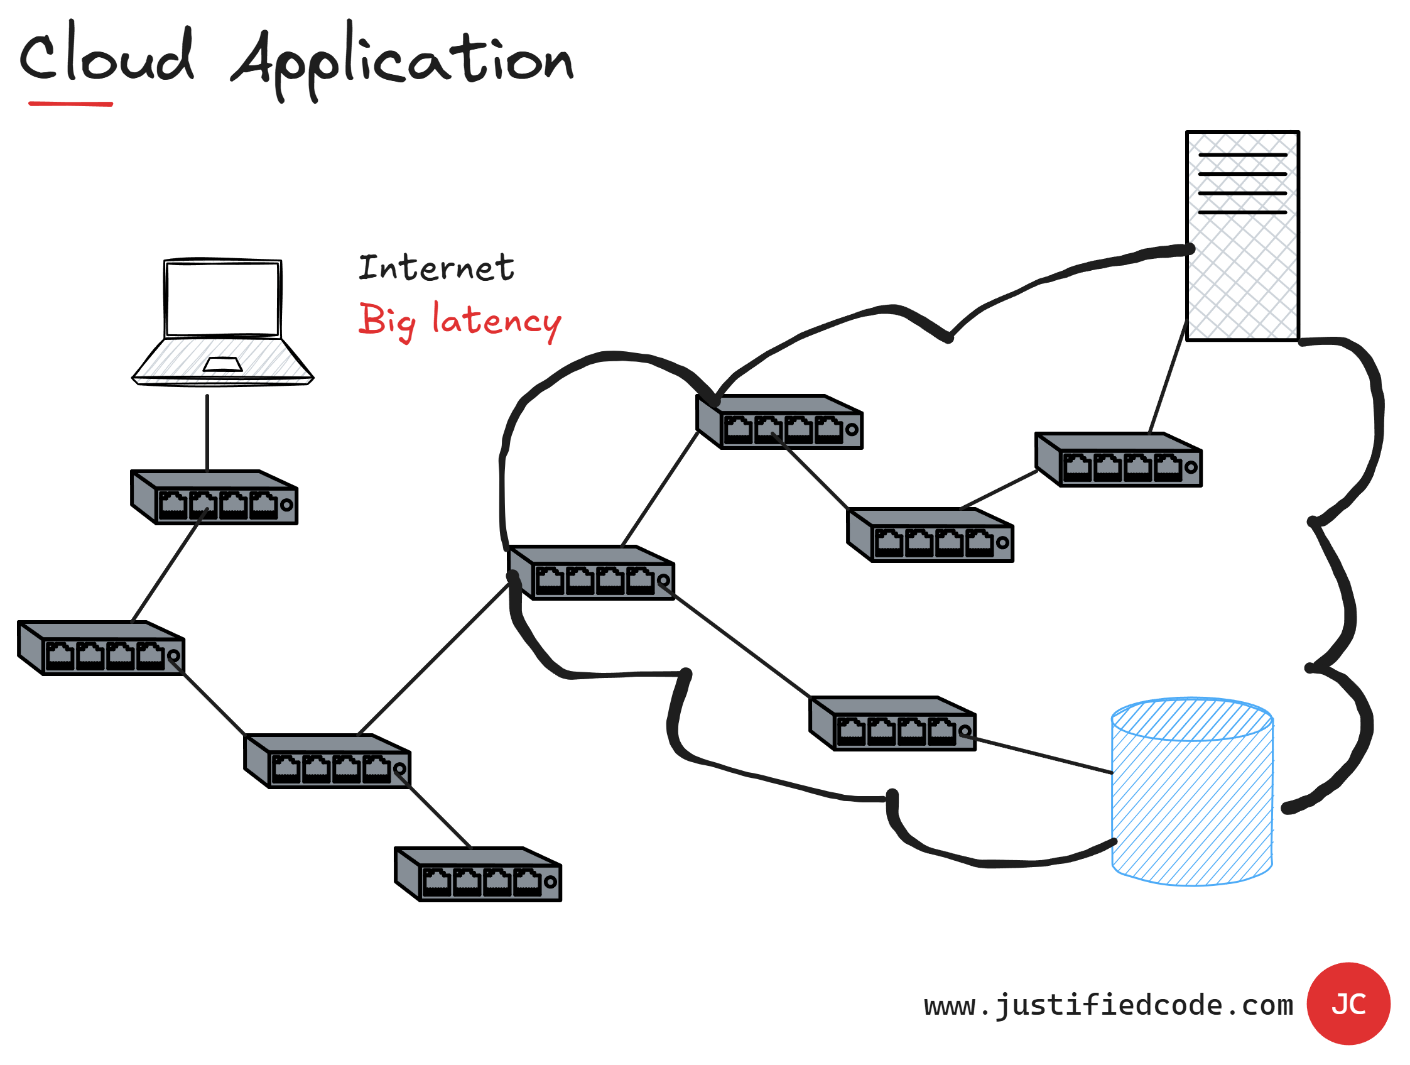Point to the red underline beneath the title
point(71,103)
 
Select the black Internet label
point(436,268)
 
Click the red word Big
point(386,320)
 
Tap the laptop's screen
point(222,298)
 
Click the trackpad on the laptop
point(222,364)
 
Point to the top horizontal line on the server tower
point(1242,155)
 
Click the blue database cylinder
point(1192,797)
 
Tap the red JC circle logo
point(1348,1005)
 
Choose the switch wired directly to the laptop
point(215,498)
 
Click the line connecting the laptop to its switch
point(207,432)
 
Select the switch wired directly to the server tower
point(1119,460)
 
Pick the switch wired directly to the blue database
point(892,724)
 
